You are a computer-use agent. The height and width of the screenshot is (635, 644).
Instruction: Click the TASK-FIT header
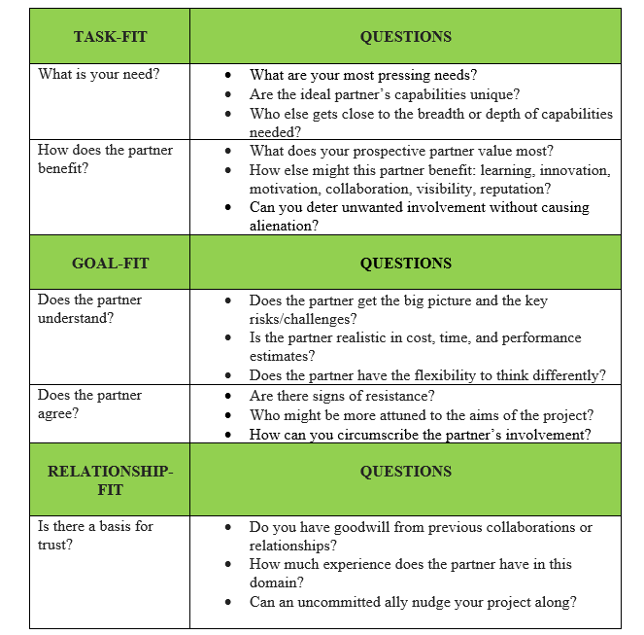(x=110, y=37)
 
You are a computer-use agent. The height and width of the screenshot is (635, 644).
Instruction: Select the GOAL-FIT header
(x=111, y=264)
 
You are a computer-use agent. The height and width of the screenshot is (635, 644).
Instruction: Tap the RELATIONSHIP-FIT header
(x=110, y=480)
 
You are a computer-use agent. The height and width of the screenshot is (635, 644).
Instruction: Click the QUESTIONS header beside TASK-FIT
(x=405, y=37)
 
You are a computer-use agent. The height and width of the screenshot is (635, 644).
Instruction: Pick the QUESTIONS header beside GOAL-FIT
(x=405, y=264)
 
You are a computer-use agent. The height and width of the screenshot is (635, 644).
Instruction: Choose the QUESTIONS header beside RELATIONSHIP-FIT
(x=405, y=472)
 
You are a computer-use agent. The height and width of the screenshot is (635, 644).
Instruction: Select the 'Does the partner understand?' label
(x=89, y=309)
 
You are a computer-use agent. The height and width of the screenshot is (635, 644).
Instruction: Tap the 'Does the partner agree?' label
(x=89, y=405)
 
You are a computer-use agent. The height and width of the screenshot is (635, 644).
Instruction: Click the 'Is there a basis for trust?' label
(x=95, y=536)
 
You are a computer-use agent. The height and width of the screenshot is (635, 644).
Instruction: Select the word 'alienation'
(x=283, y=226)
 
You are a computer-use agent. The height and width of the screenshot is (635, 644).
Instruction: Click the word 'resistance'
(x=398, y=396)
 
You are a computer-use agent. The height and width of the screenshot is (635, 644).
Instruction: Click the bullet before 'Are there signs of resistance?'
(x=227, y=397)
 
